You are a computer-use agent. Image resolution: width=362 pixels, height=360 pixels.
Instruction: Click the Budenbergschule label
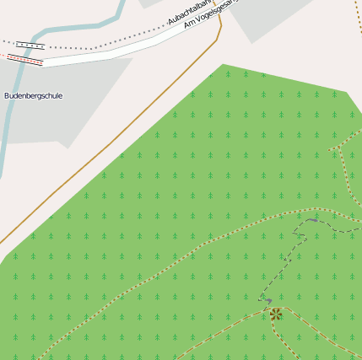[x=33, y=95]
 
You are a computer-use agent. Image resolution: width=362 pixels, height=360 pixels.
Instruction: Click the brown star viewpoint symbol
[x=275, y=314]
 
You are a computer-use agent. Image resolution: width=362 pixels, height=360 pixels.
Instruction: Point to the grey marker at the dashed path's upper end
[x=313, y=220]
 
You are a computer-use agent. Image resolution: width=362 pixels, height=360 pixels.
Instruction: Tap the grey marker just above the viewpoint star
[x=268, y=300]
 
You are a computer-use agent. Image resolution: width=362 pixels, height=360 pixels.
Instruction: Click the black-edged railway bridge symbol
[x=30, y=46]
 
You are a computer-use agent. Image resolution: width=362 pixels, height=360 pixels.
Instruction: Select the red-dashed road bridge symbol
[x=25, y=60]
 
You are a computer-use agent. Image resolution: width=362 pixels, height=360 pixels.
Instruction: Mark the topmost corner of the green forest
[x=223, y=65]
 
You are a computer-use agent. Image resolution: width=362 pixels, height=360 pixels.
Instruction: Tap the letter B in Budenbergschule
[x=6, y=95]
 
